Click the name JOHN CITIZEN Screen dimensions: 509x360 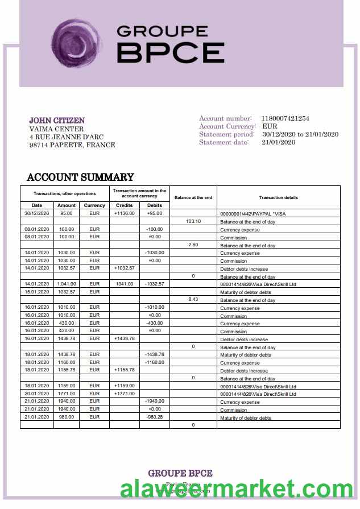click(57, 121)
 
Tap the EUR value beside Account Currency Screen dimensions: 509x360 click(270, 126)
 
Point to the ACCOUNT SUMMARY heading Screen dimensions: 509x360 click(80, 177)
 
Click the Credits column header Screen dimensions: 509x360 click(124, 205)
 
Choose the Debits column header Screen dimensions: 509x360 click(155, 205)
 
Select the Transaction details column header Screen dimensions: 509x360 click(278, 197)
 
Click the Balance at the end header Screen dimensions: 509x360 click(193, 197)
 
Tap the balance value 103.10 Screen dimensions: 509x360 click(193, 221)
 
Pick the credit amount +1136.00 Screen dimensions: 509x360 click(124, 213)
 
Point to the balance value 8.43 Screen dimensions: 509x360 click(193, 300)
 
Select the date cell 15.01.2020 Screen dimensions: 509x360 click(37, 292)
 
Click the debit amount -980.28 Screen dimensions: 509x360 click(155, 417)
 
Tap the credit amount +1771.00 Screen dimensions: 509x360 click(124, 394)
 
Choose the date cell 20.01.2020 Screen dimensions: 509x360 click(37, 394)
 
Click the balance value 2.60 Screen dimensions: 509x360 click(193, 245)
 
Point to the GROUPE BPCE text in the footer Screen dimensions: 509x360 click(180, 473)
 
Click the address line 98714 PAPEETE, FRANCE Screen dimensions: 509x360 click(72, 145)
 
